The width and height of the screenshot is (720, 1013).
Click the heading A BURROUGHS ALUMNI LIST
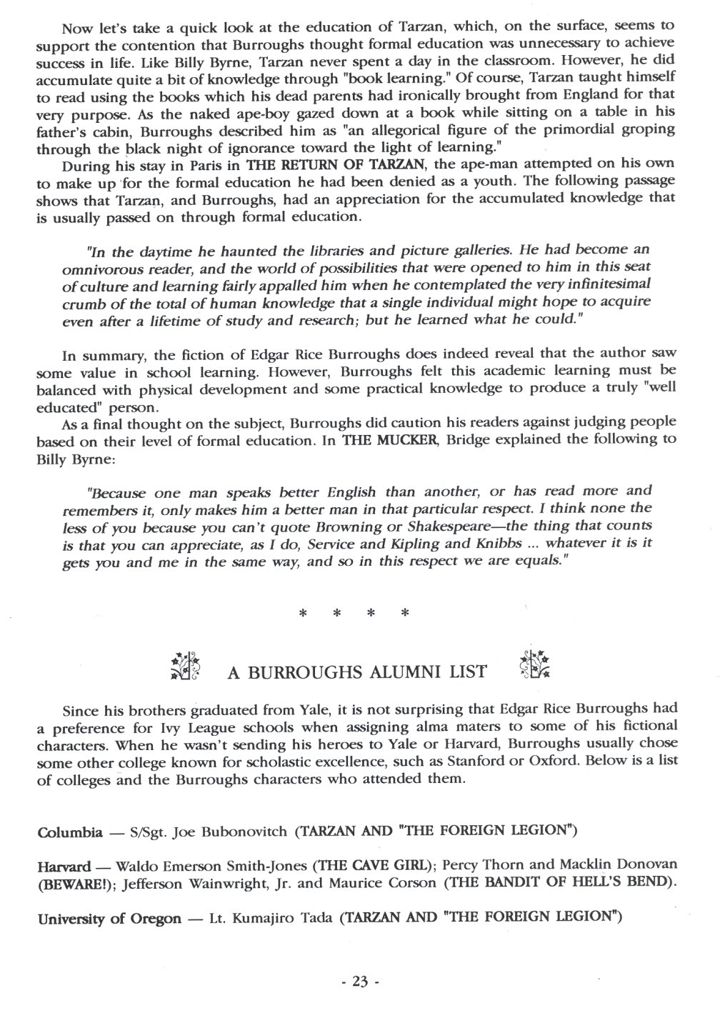[x=356, y=672]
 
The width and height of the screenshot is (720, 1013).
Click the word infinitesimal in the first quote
[x=600, y=284]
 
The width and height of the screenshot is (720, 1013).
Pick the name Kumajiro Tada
[x=297, y=918]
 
